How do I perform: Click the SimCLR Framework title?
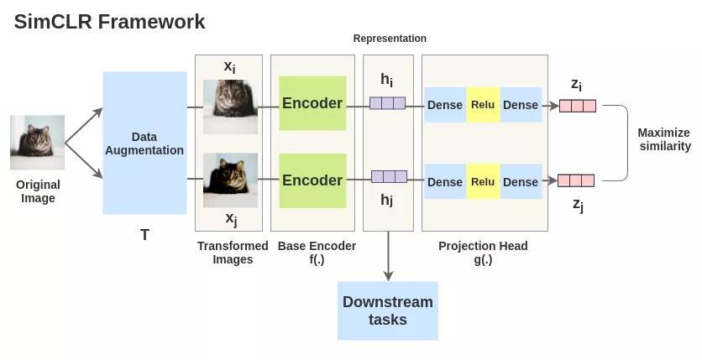[109, 22]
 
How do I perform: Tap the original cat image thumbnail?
[37, 142]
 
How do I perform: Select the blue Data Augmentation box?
[144, 143]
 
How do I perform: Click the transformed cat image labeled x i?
[231, 107]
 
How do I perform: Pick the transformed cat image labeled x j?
[231, 180]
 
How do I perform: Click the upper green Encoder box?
[312, 103]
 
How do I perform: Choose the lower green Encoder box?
[312, 180]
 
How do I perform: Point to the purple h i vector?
[387, 103]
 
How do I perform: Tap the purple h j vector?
[389, 177]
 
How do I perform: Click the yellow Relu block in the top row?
[483, 105]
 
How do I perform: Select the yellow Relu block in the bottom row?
[483, 181]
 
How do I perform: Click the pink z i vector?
[578, 106]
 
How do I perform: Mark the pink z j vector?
[576, 180]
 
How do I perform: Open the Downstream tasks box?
[388, 310]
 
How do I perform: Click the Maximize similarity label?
[664, 139]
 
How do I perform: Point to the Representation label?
[390, 39]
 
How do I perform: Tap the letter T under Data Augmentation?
[144, 235]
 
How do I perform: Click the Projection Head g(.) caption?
[483, 253]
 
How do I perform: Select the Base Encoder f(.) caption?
[317, 253]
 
